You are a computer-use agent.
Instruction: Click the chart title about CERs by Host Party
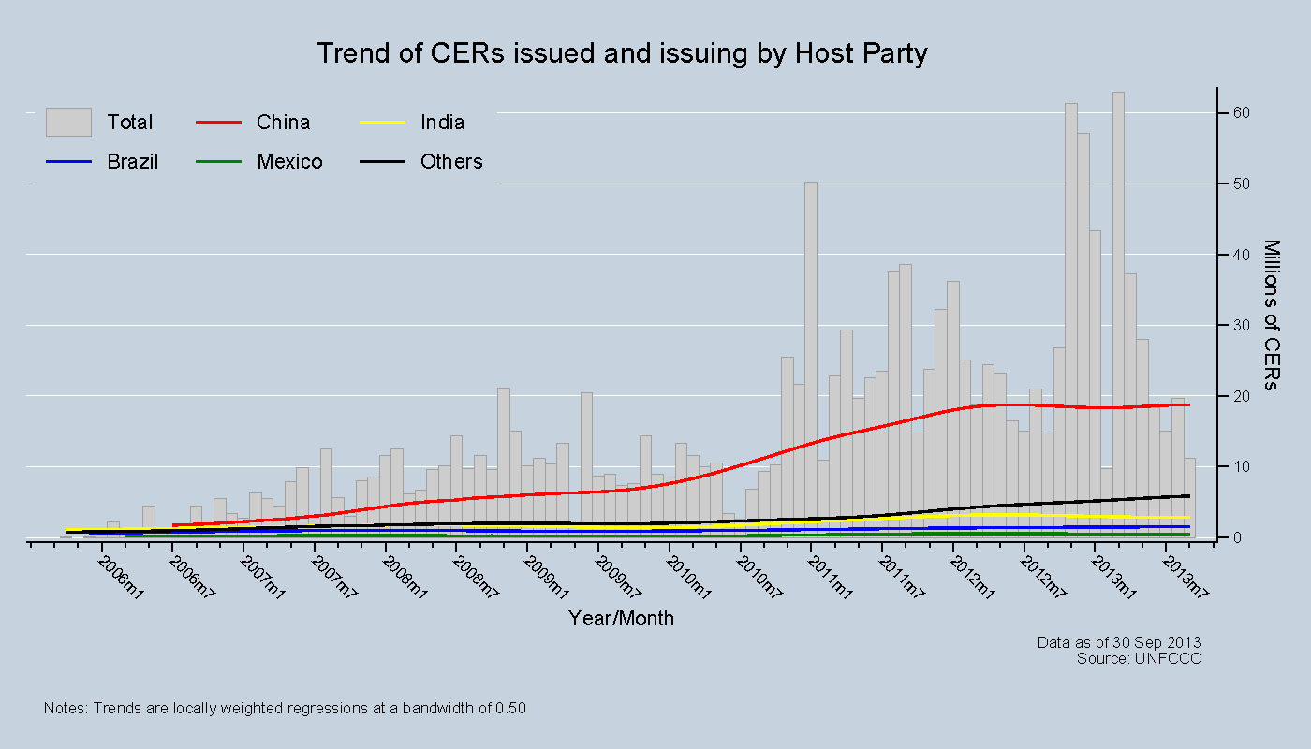[622, 53]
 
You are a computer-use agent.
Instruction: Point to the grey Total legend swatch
[68, 123]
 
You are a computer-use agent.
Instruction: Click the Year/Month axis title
[621, 619]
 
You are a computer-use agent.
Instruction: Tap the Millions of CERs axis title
[1272, 316]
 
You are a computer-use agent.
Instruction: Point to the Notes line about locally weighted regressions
[285, 709]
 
